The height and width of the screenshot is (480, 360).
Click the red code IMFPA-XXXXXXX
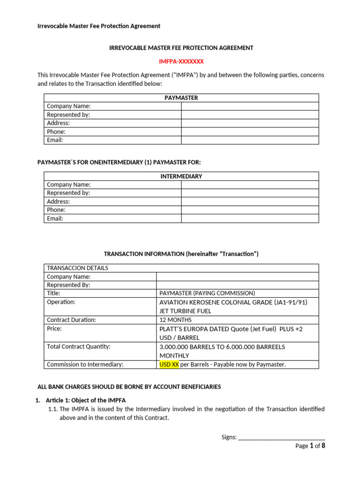[x=181, y=61]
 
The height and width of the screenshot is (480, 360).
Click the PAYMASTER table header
[x=181, y=98]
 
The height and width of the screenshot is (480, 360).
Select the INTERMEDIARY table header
[x=181, y=176]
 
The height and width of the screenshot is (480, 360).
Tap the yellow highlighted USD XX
[x=169, y=364]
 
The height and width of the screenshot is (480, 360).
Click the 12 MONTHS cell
[x=175, y=320]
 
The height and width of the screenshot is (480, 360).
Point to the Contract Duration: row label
[x=71, y=320]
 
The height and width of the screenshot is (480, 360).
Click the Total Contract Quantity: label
[x=78, y=346]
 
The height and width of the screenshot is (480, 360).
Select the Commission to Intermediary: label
[x=85, y=364]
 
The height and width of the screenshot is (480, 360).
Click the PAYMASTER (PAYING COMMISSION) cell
[x=207, y=293]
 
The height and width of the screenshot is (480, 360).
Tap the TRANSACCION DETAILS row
[x=77, y=268]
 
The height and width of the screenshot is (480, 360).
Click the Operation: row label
[x=61, y=302]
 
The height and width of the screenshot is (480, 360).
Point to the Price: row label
[x=54, y=329]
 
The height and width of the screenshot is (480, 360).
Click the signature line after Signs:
[x=282, y=437]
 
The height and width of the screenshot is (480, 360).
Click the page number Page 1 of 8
[x=310, y=446]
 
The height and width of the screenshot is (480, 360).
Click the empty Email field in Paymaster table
[x=250, y=140]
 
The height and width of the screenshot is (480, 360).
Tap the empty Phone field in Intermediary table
[x=250, y=210]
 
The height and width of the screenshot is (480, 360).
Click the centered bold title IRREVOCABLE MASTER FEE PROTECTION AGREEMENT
[x=181, y=48]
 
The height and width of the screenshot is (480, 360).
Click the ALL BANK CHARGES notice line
[x=129, y=387]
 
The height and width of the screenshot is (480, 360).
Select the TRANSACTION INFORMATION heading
[x=181, y=254]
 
